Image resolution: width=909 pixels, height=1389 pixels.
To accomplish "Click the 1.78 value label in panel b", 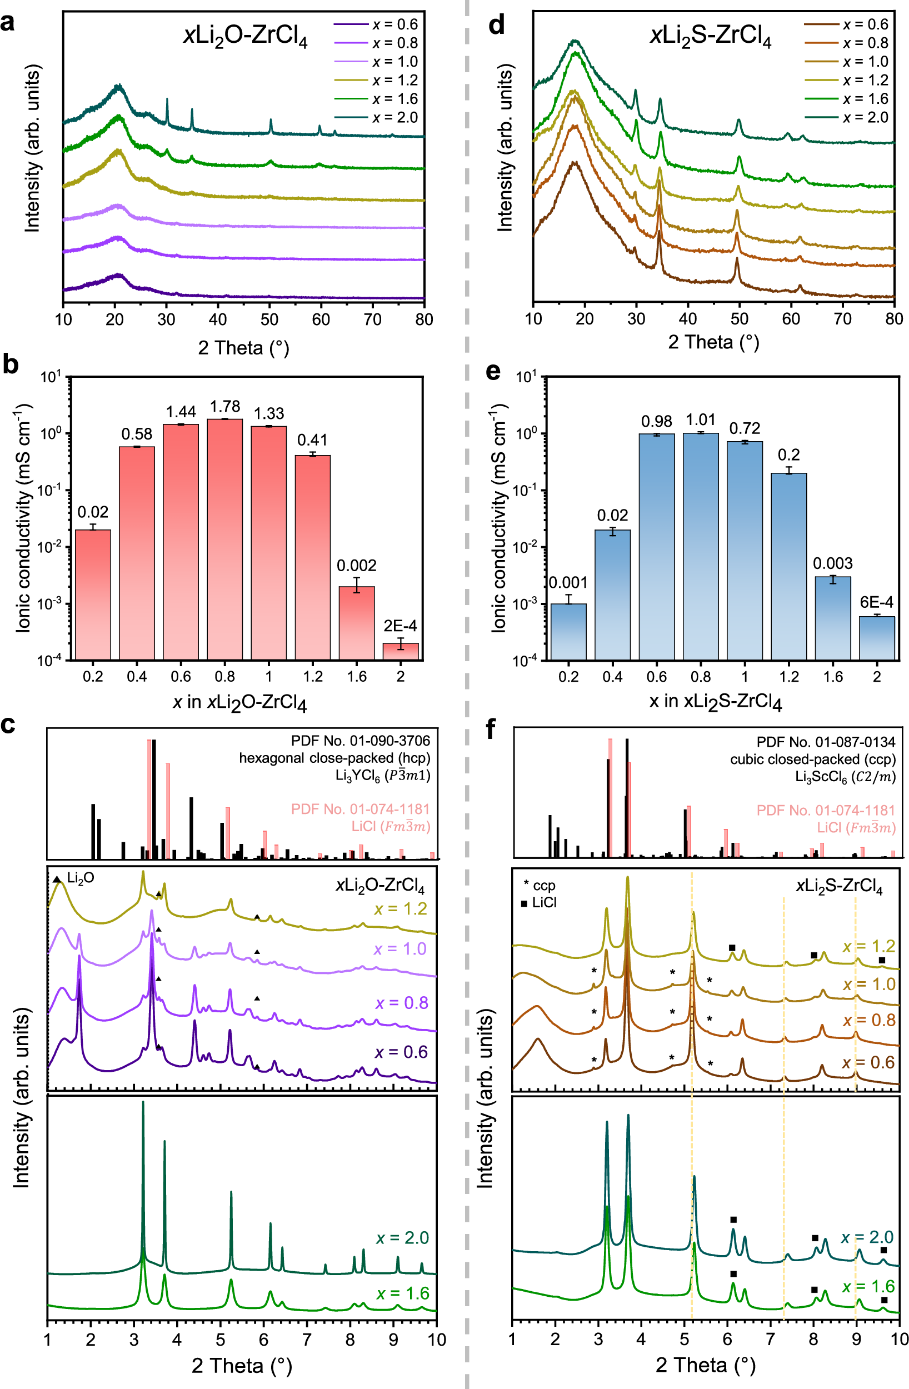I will point(225,406).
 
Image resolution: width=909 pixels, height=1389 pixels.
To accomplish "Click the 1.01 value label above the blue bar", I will point(701,419).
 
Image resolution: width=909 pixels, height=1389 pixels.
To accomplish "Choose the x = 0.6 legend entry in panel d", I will point(865,24).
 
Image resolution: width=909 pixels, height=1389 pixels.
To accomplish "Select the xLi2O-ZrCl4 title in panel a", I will point(245,37).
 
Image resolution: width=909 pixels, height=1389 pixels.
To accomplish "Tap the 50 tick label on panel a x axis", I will point(269,319).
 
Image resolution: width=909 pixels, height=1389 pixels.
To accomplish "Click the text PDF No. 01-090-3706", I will point(360,741).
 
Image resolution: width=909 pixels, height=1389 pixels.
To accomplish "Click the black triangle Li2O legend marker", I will point(57,879).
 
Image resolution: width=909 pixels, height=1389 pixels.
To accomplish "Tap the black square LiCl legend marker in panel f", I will point(524,903).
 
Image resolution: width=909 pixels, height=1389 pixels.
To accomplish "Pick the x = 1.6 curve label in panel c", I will point(403,1293).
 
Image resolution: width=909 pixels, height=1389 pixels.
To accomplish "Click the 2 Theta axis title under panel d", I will point(713,342).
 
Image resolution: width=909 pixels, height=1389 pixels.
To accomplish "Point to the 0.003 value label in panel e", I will point(832,563).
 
